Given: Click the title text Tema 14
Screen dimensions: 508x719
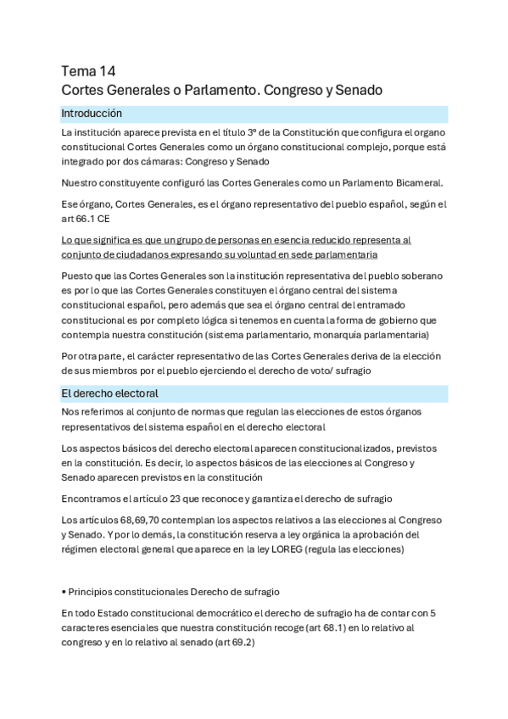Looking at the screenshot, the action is pyautogui.click(x=89, y=70).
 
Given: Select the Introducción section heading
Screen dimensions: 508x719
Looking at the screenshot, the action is pyautogui.click(x=92, y=114).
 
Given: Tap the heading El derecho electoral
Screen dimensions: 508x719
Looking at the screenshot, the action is pyautogui.click(x=110, y=393).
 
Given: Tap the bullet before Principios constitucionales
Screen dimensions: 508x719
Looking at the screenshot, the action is pyautogui.click(x=64, y=591).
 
